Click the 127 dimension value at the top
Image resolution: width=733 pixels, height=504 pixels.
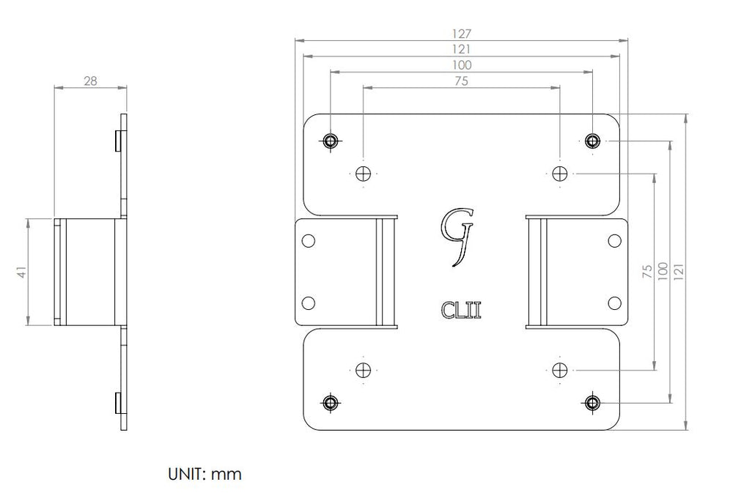461,34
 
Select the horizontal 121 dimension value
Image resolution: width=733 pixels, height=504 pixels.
461,49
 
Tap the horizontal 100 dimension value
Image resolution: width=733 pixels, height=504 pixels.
461,65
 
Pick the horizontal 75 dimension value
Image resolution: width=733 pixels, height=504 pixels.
461,81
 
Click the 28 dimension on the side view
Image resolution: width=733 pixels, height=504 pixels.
90,81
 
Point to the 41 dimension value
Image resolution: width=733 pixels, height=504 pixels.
21,273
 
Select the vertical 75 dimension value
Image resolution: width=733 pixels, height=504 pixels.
647,272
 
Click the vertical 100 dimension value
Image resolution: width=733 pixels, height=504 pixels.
663,272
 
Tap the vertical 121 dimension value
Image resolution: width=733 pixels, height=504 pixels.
679,272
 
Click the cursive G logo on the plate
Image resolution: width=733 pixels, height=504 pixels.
457,237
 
